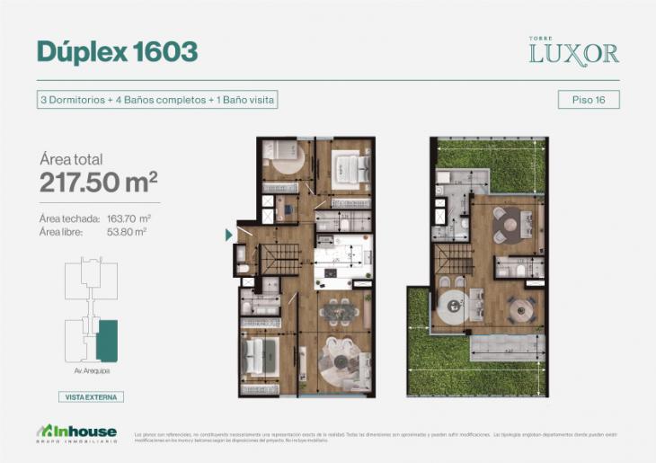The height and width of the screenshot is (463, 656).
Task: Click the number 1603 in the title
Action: [164, 52]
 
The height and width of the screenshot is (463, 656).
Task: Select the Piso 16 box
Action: [588, 101]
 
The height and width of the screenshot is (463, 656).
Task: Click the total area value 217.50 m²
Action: [99, 183]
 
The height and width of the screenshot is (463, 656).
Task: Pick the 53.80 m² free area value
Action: [127, 232]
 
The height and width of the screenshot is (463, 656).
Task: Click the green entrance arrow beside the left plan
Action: [229, 236]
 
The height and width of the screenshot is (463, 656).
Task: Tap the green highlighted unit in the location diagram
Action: [107, 341]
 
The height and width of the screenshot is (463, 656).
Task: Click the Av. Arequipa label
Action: [91, 370]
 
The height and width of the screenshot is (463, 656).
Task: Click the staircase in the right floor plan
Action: [455, 261]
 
